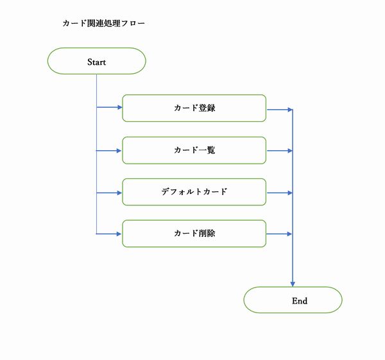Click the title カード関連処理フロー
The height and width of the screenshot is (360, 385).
pyautogui.click(x=103, y=24)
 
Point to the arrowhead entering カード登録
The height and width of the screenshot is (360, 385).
pyautogui.click(x=119, y=108)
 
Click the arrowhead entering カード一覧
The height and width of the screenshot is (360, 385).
pyautogui.click(x=119, y=151)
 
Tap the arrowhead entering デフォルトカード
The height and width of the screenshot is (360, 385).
pyautogui.click(x=119, y=193)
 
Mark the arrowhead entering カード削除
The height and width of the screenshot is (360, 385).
pyautogui.click(x=119, y=234)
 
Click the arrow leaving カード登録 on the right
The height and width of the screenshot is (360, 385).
pyautogui.click(x=279, y=109)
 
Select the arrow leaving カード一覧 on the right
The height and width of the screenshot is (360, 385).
pyautogui.click(x=279, y=151)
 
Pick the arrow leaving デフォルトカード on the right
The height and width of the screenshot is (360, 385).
pyautogui.click(x=279, y=193)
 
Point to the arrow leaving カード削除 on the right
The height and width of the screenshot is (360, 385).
pyautogui.click(x=279, y=234)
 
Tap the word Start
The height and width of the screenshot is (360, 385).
pyautogui.click(x=96, y=62)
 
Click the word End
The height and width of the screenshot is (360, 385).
pyautogui.click(x=300, y=300)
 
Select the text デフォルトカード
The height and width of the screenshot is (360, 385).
pyautogui.click(x=194, y=192)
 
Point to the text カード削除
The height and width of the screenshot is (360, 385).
pyautogui.click(x=194, y=234)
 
